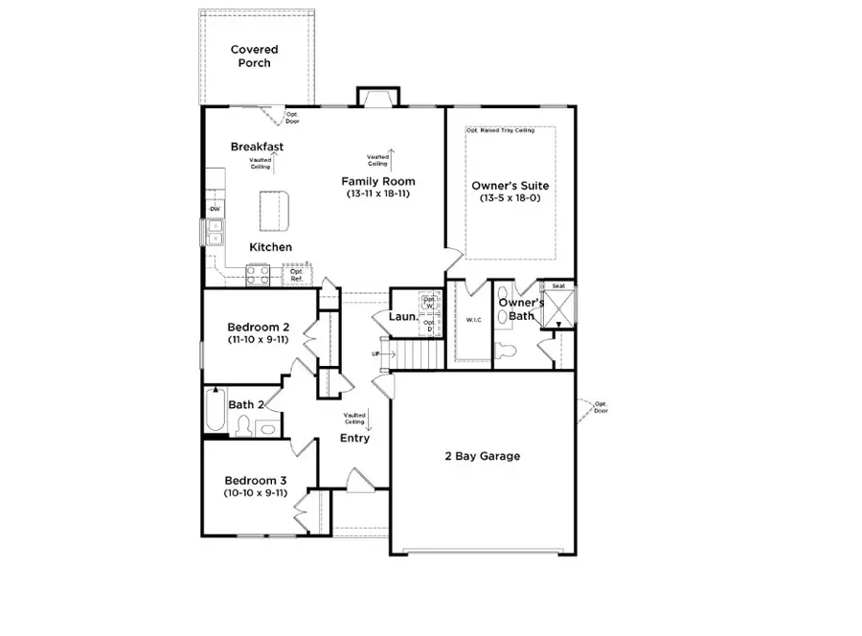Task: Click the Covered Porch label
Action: pyautogui.click(x=255, y=57)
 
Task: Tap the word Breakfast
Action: pyautogui.click(x=257, y=147)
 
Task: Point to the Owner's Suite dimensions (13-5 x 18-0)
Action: pyautogui.click(x=510, y=198)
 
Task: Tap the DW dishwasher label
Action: pyautogui.click(x=215, y=209)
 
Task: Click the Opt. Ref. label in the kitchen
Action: pyautogui.click(x=296, y=274)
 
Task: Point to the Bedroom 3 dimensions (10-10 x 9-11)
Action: pyautogui.click(x=255, y=493)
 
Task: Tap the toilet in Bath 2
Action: pyautogui.click(x=244, y=424)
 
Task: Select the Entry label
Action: pyautogui.click(x=354, y=438)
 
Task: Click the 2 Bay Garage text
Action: pyautogui.click(x=482, y=456)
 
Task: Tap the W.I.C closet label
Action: pyautogui.click(x=471, y=319)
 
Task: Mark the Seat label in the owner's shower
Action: pyautogui.click(x=557, y=285)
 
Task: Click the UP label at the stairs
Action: pyautogui.click(x=376, y=354)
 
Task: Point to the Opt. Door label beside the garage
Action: pyautogui.click(x=601, y=407)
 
